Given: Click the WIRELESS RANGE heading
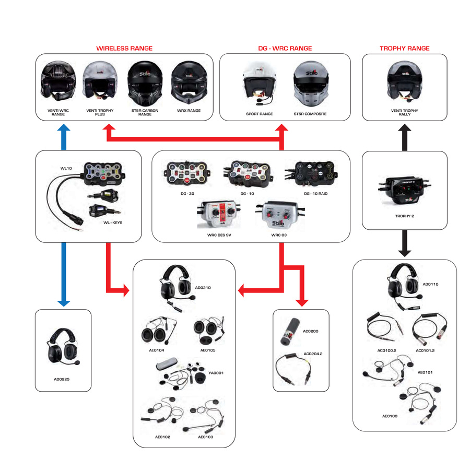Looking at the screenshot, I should pyautogui.click(x=124, y=49).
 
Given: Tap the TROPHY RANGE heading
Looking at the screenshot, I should pyautogui.click(x=404, y=49).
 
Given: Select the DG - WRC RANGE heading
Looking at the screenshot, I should pyautogui.click(x=285, y=49).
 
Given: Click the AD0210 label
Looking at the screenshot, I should pyautogui.click(x=202, y=288).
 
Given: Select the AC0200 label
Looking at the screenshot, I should pyautogui.click(x=310, y=331).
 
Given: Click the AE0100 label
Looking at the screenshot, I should pyautogui.click(x=390, y=416).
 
